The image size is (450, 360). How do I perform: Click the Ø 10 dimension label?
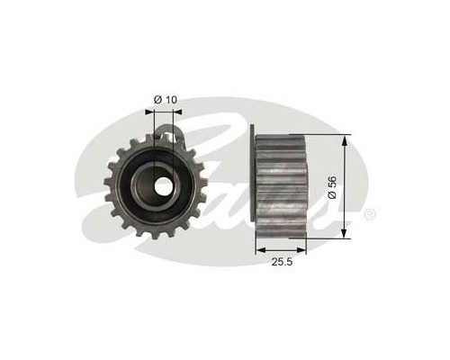pyautogui.click(x=166, y=100)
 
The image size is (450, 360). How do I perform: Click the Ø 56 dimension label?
pyautogui.click(x=332, y=187)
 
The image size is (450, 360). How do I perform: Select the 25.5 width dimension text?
pyautogui.click(x=282, y=262)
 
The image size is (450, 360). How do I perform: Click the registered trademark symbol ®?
pyautogui.click(x=369, y=215)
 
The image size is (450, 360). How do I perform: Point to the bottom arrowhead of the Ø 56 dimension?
pyautogui.click(x=345, y=232)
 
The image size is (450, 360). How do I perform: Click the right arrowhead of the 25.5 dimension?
pyautogui.click(x=301, y=249)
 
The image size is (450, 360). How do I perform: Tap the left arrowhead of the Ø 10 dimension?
pyautogui.click(x=149, y=112)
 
